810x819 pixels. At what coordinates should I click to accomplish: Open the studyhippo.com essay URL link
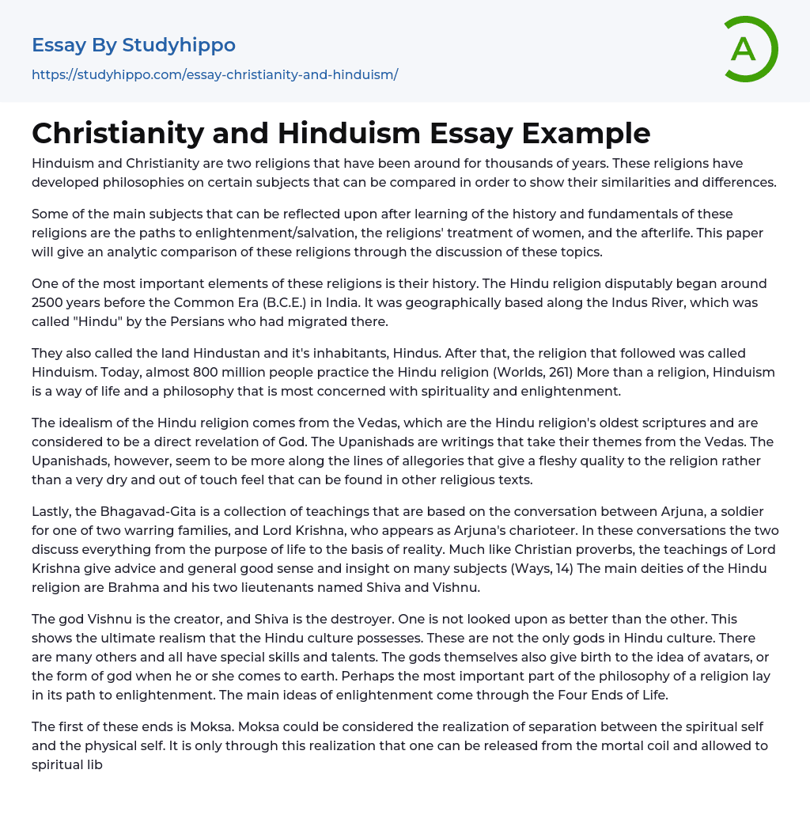(214, 75)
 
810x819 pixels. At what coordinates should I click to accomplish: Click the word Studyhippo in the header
(179, 45)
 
